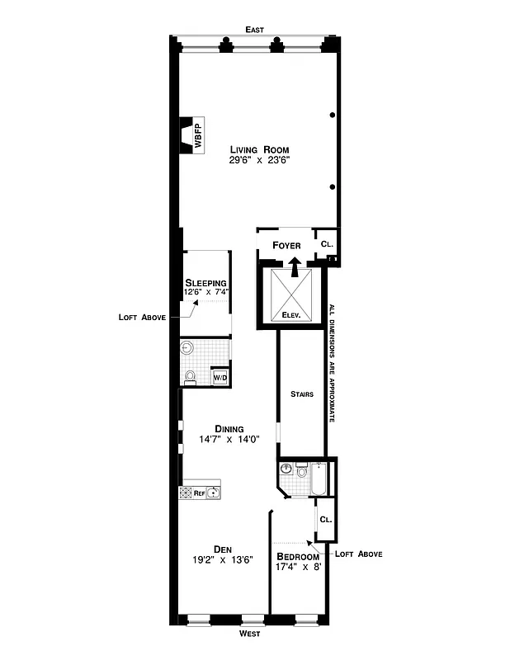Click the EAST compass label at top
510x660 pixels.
[254, 30]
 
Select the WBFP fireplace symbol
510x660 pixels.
[192, 134]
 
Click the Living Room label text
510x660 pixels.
[259, 149]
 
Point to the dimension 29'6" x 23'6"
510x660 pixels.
[259, 161]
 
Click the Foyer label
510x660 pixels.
[286, 245]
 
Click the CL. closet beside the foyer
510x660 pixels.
[326, 244]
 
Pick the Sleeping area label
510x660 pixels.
[205, 282]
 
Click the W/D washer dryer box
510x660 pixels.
[220, 377]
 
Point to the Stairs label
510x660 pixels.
[301, 394]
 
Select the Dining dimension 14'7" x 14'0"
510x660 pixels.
[229, 440]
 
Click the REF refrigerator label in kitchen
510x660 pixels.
[199, 493]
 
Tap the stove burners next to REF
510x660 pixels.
[186, 493]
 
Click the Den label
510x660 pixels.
[221, 549]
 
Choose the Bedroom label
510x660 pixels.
[298, 556]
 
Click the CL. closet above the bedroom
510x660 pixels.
[325, 520]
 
